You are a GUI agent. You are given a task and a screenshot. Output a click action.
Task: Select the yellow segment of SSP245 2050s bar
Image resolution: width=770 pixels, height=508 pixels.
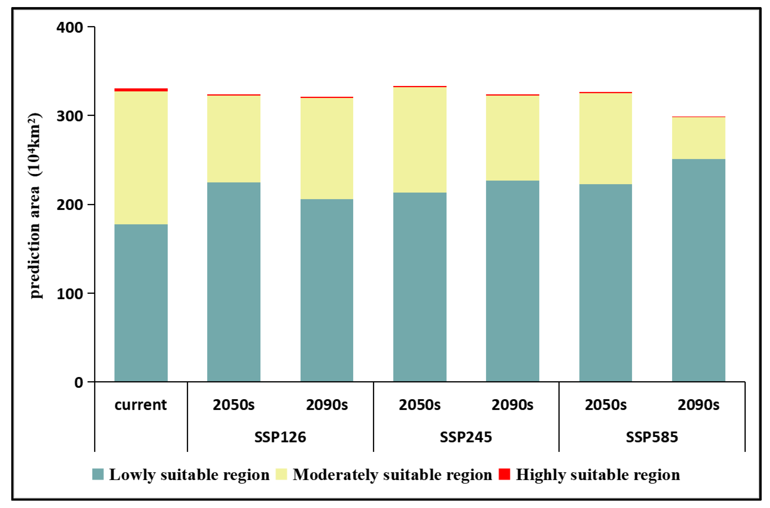tap(420, 140)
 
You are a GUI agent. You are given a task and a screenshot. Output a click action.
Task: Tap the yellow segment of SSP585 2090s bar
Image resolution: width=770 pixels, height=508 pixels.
tap(699, 138)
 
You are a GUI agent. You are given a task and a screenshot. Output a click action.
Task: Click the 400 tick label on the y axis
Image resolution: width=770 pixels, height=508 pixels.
tap(70, 27)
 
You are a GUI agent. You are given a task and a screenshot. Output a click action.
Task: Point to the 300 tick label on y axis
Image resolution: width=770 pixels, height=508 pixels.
tap(70, 116)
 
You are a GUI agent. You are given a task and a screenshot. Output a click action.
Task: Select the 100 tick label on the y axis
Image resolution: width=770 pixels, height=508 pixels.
tap(70, 294)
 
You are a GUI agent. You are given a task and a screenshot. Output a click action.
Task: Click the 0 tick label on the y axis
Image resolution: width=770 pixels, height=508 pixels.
tap(79, 383)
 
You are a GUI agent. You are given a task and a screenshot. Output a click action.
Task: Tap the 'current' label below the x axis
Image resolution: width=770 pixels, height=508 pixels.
tap(140, 405)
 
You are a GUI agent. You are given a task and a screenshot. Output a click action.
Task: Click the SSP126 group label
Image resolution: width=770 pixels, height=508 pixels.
tap(280, 437)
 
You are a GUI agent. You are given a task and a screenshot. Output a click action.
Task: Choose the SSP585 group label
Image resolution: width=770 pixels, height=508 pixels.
tap(652, 437)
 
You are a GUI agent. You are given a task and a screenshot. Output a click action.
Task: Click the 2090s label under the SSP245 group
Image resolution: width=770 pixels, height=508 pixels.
tap(512, 405)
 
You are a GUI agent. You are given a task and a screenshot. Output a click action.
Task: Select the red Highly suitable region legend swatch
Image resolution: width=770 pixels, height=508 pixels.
tap(504, 474)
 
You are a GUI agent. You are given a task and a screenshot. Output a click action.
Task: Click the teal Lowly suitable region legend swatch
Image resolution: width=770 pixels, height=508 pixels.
tap(98, 474)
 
